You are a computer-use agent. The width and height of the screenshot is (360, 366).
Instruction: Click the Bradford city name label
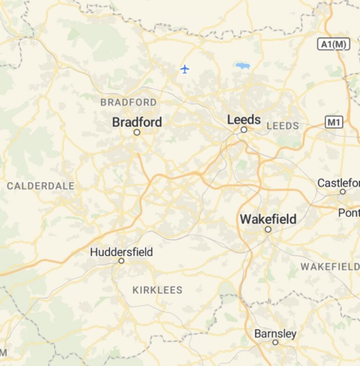coord(137,122)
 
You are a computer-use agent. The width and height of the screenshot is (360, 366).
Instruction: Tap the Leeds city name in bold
coord(244,120)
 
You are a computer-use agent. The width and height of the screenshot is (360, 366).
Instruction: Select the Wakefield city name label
coord(268,219)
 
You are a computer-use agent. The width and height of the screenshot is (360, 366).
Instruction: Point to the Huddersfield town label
coord(121,252)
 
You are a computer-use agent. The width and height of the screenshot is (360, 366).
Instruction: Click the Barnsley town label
coord(275,334)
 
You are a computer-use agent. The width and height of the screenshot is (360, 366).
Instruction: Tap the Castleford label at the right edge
coord(338,183)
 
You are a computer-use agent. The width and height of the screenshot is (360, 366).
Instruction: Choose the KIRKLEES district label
coord(157,290)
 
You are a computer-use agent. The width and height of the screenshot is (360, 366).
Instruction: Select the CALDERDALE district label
coord(41,186)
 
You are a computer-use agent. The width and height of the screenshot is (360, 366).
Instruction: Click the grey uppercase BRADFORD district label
coord(128,102)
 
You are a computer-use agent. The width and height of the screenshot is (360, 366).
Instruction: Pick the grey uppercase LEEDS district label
coord(283,126)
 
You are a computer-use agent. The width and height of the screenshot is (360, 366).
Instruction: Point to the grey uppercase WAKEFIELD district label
coord(330,267)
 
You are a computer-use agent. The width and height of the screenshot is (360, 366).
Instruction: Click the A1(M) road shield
coord(334,45)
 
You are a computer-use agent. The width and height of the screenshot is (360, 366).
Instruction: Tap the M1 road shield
coord(334,123)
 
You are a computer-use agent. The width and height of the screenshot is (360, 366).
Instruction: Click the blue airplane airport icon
coord(185,69)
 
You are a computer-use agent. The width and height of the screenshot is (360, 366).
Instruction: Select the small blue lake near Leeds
coord(243,66)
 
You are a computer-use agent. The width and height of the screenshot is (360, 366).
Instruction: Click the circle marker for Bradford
coord(137,132)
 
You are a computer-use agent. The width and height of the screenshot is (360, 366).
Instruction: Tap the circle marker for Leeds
coord(244,130)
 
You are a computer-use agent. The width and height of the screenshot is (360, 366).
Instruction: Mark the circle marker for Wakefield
coord(268,229)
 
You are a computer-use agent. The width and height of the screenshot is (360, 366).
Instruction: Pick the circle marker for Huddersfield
coord(121,260)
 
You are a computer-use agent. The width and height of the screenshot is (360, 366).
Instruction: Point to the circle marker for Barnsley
coord(275,343)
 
